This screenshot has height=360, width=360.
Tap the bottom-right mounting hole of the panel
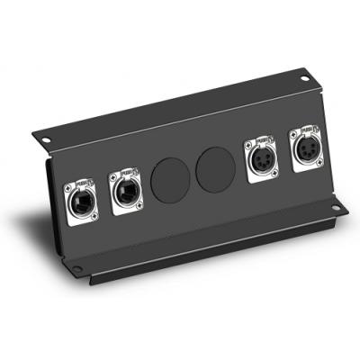point(335,210)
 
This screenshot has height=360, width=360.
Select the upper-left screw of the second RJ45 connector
point(112,177)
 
